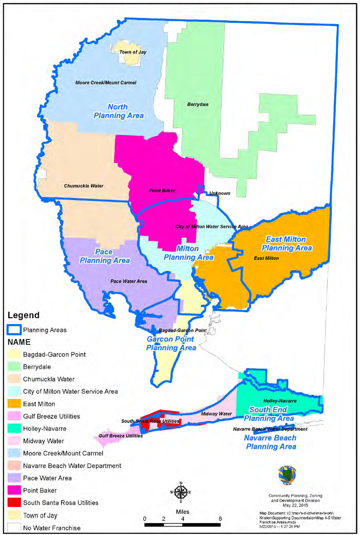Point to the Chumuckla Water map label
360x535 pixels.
coord(83,186)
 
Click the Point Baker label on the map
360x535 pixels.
coord(162,191)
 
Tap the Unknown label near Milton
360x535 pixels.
coord(220,194)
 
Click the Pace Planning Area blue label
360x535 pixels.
coord(105,256)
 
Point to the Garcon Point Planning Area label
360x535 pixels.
coord(171,344)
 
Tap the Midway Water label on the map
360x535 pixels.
coord(216,414)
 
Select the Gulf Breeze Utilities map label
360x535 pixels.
coord(121,436)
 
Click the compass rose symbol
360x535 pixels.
coord(180,492)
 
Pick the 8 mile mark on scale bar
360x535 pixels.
coord(220,518)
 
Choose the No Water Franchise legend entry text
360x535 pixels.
coord(52,527)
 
